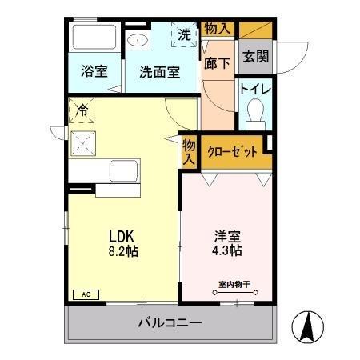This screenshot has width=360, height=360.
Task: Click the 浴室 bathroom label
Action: coord(94,71)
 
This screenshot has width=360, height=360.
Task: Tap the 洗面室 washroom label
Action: coord(158,71)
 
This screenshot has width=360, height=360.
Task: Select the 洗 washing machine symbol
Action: coord(185,34)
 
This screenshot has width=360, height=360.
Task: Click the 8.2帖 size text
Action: coord(125,250)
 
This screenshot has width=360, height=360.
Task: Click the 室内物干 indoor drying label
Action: coord(233,284)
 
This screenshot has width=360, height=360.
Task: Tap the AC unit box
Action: coord(84,294)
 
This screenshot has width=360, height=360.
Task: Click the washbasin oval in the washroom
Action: coord(138,39)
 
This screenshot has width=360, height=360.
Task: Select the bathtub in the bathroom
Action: coord(94,38)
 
